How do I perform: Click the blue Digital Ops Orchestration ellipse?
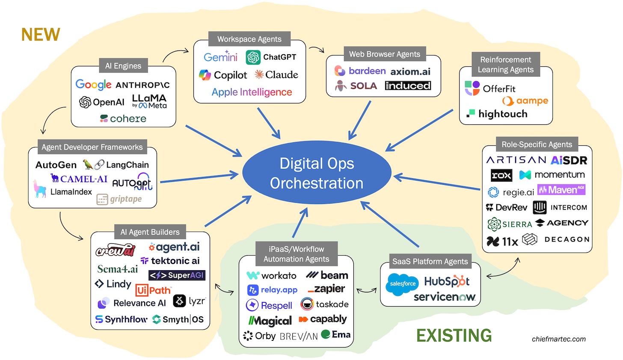[317, 173]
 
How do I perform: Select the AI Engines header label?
[123, 66]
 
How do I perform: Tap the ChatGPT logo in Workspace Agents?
[271, 57]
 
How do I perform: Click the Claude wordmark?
[276, 75]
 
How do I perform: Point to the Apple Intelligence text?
[252, 92]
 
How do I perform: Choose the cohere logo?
[123, 118]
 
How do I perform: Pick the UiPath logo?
[153, 290]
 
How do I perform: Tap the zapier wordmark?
[326, 289]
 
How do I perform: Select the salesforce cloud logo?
[403, 283]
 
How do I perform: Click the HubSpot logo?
[447, 281]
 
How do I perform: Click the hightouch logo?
[497, 114]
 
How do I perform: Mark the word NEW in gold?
[41, 35]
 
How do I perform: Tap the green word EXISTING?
[454, 335]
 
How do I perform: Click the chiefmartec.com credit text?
[559, 339]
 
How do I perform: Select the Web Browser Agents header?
[384, 54]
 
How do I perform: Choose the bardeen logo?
[360, 71]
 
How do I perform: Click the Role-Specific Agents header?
[537, 145]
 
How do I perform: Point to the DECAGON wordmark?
[567, 239]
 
